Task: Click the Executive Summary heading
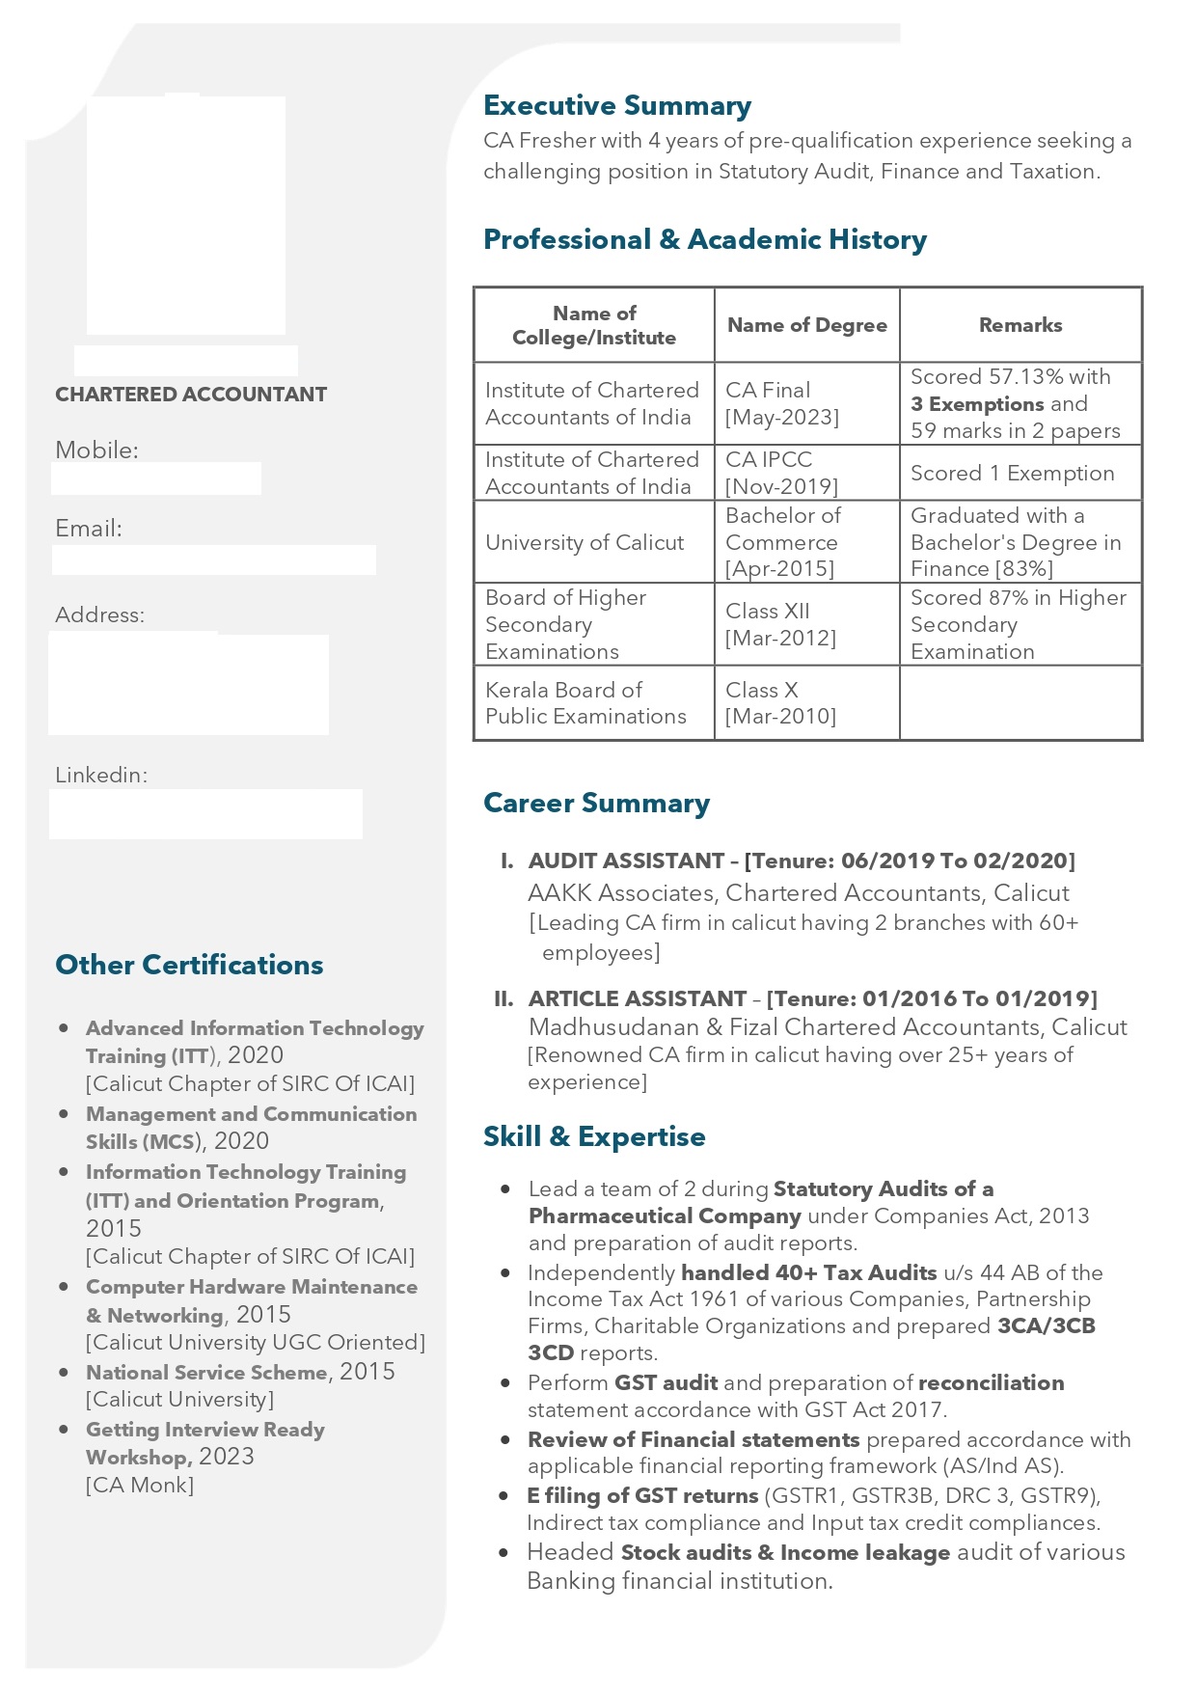(617, 105)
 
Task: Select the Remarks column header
(1020, 325)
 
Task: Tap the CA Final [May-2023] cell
(782, 403)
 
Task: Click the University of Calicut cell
(585, 542)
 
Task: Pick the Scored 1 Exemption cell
(1012, 473)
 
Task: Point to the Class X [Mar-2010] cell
(780, 703)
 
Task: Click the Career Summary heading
(596, 803)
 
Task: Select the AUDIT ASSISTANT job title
(626, 860)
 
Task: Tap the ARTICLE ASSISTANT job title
(638, 998)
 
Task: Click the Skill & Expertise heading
(594, 1136)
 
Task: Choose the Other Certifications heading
(189, 965)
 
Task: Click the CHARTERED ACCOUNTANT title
(191, 395)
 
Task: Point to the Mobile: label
(96, 450)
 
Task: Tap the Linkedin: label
(101, 775)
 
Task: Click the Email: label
(89, 529)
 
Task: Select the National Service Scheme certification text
(206, 1373)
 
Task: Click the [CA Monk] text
(140, 1486)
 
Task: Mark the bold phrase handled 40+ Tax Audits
(808, 1272)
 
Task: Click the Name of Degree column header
(807, 325)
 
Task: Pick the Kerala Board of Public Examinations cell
(585, 703)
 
